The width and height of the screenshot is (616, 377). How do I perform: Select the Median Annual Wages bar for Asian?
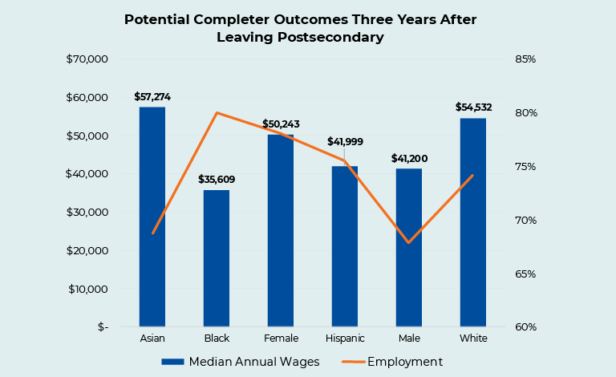(152, 217)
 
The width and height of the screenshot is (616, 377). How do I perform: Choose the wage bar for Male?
(408, 248)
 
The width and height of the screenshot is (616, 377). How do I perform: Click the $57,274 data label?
(152, 97)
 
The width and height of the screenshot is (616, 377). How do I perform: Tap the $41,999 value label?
(345, 141)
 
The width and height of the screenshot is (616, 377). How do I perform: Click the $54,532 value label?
(474, 107)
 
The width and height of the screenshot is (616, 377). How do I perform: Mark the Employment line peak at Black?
(217, 113)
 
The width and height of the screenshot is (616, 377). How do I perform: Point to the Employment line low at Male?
(408, 242)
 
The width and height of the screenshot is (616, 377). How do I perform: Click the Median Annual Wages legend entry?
(241, 362)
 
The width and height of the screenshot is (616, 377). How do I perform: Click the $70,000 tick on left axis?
(87, 59)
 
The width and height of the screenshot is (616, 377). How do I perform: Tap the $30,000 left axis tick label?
(87, 213)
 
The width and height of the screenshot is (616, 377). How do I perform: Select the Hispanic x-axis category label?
(345, 339)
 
